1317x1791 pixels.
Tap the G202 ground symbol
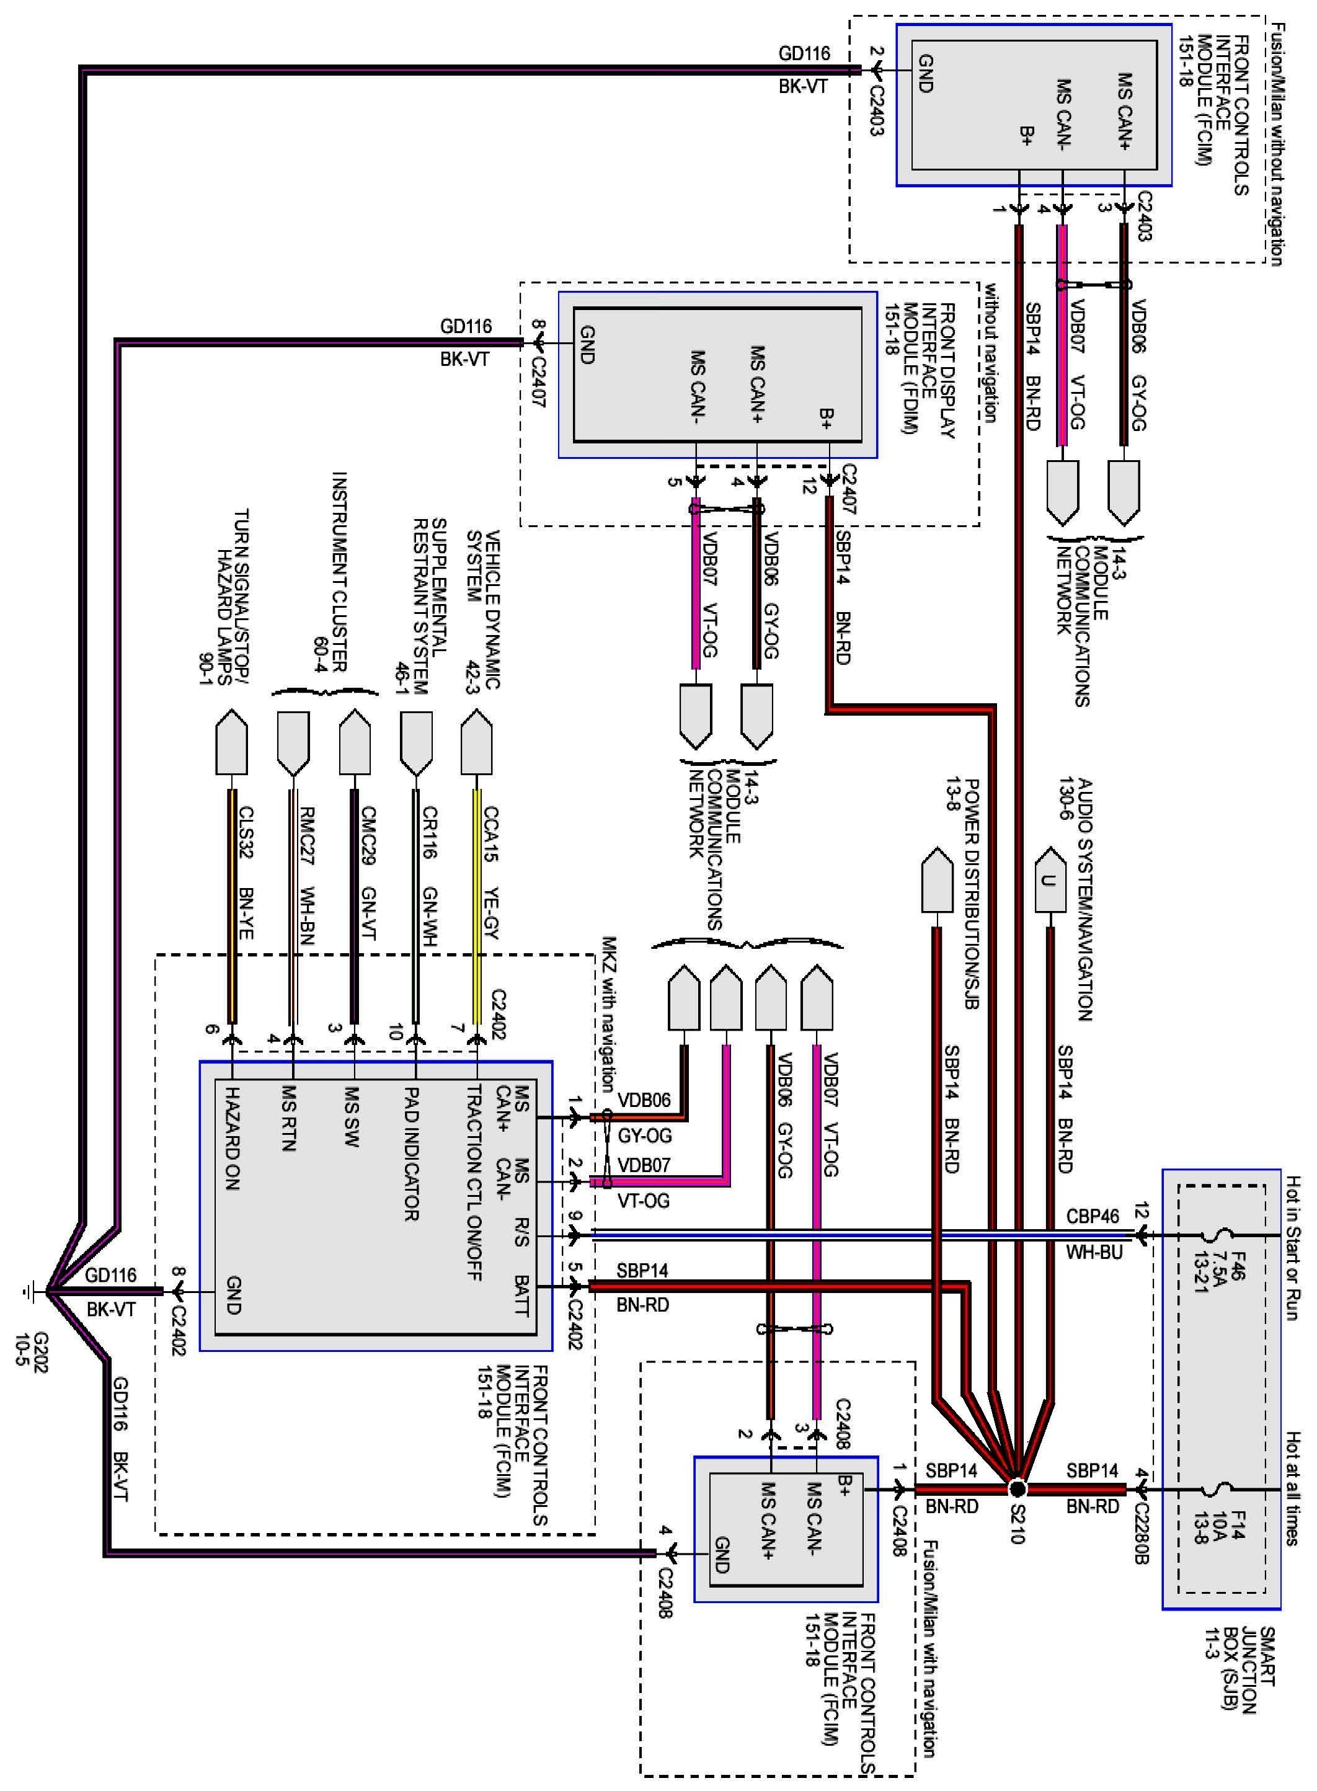click(x=30, y=1290)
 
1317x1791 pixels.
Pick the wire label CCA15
click(x=490, y=834)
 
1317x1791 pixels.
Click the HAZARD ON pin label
click(x=232, y=1138)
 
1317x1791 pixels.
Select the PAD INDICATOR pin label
click(x=411, y=1154)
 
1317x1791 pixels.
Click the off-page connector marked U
click(x=1049, y=881)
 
